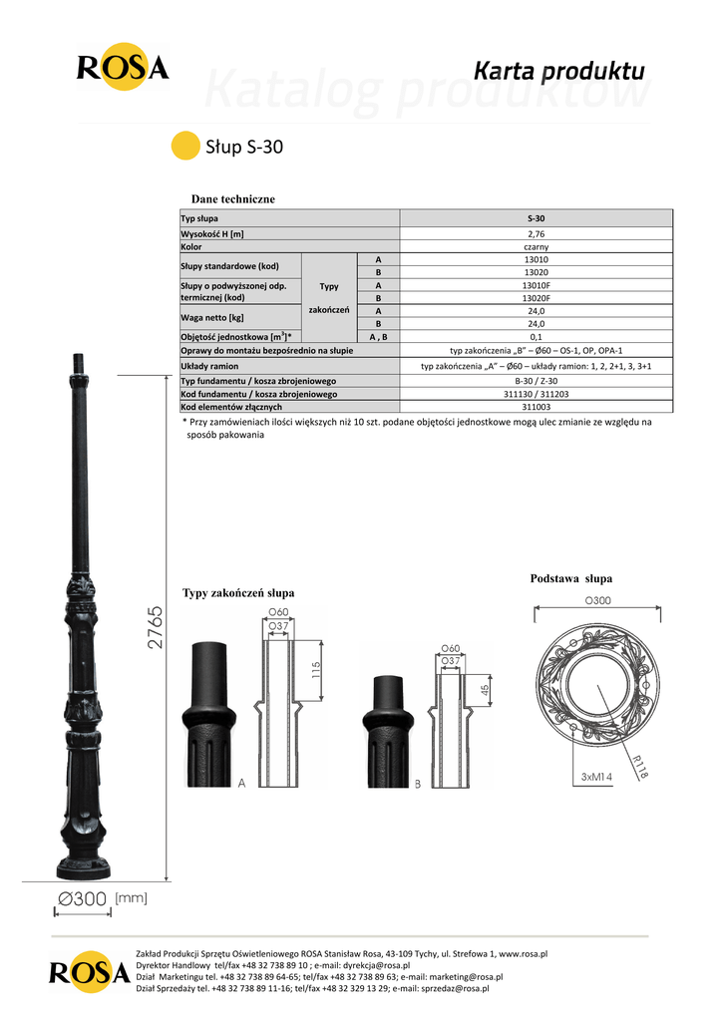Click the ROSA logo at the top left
(x=123, y=67)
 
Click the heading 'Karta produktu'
(x=558, y=71)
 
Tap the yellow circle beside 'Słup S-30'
(x=184, y=146)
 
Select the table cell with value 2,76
(x=536, y=233)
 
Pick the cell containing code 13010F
(x=536, y=285)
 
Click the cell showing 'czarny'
(x=536, y=247)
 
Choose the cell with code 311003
(x=536, y=407)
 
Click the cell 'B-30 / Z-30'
(x=536, y=381)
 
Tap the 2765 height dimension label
(x=155, y=628)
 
